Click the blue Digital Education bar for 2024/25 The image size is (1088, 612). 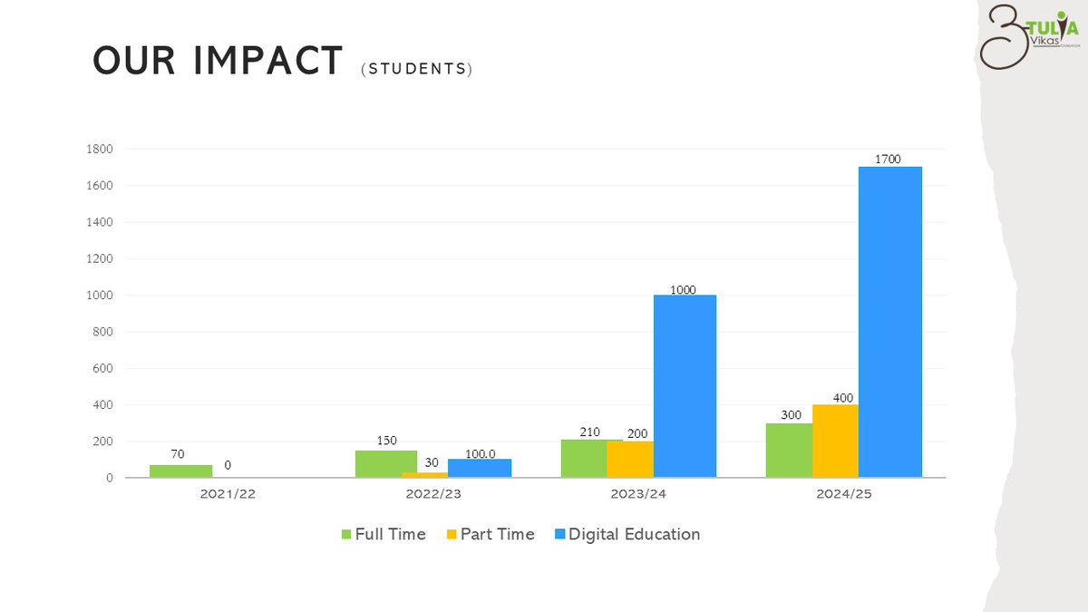click(889, 322)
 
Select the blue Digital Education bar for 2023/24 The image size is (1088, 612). click(685, 386)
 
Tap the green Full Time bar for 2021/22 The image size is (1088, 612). click(181, 471)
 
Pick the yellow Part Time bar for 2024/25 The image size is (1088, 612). click(835, 441)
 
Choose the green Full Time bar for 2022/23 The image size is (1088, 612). click(386, 464)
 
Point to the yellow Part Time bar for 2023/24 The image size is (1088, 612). click(630, 459)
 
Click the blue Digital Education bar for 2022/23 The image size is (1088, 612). click(480, 468)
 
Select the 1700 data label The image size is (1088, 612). click(888, 160)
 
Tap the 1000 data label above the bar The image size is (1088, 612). click(683, 289)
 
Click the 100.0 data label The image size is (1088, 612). click(481, 452)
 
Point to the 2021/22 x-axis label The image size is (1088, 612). click(228, 495)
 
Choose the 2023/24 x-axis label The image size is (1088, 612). click(638, 495)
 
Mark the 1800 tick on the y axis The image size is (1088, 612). click(100, 149)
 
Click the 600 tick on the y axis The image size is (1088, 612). click(103, 368)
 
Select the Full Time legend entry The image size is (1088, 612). click(383, 534)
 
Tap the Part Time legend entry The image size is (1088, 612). click(490, 534)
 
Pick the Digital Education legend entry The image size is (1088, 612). click(626, 534)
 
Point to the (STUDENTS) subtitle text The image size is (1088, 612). click(416, 69)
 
